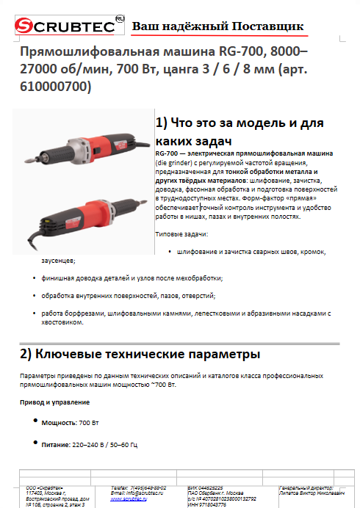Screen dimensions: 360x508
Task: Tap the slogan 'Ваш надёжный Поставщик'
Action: click(x=217, y=26)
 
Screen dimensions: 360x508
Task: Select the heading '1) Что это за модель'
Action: click(x=240, y=123)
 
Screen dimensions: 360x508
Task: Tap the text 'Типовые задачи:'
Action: click(x=181, y=233)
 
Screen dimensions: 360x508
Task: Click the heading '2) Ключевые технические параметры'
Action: click(x=140, y=354)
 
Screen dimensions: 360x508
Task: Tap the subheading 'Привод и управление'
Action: click(x=54, y=402)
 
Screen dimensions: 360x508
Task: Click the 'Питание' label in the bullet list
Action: click(x=55, y=444)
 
